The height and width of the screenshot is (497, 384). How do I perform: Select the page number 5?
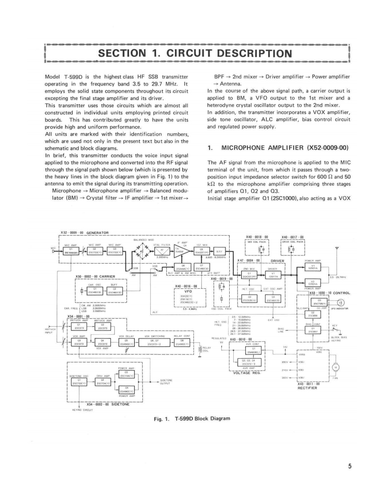pos(349,466)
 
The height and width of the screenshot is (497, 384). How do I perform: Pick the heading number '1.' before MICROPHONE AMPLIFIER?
pos(210,147)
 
